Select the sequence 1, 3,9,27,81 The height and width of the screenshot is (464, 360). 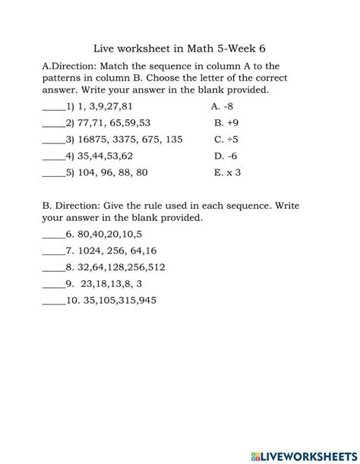click(103, 106)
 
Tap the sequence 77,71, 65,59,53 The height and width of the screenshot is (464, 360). click(110, 123)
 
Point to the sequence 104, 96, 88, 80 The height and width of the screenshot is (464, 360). click(110, 172)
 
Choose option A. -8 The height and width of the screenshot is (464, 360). click(225, 106)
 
